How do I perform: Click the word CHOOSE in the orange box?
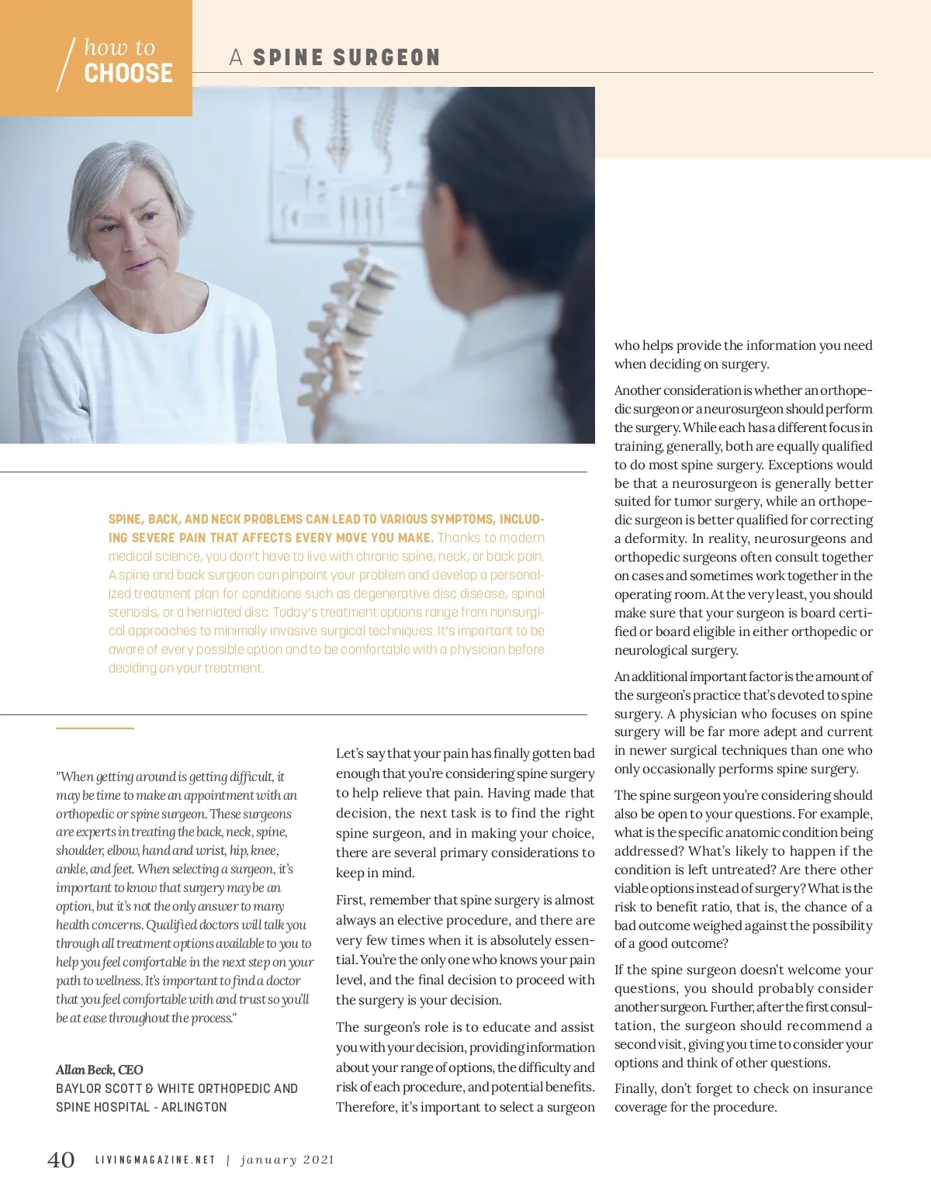pos(128,74)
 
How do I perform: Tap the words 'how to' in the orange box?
pos(119,47)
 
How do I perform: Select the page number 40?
pos(61,1160)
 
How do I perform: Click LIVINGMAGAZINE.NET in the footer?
pos(155,1160)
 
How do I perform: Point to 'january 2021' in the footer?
pos(287,1160)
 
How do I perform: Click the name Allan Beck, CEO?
pos(99,1070)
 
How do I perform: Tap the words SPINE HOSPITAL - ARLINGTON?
pos(141,1108)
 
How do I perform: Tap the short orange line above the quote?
pos(95,728)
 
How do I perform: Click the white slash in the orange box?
pos(66,64)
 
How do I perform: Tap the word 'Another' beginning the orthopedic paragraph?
pos(637,391)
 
